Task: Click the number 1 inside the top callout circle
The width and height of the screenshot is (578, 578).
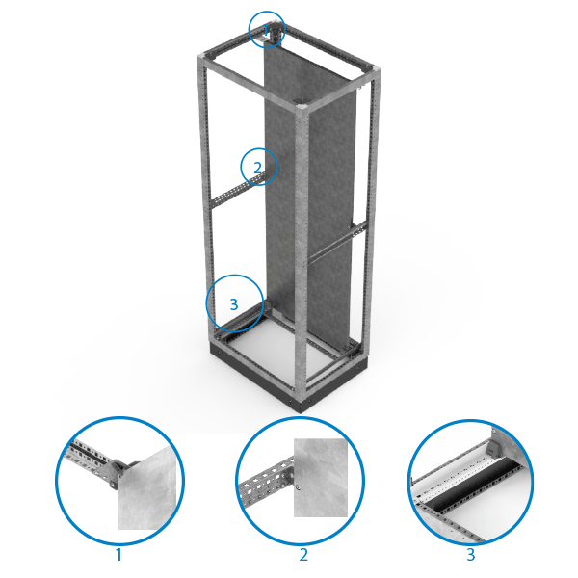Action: coord(266,30)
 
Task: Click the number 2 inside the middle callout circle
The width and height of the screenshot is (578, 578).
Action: coord(257,168)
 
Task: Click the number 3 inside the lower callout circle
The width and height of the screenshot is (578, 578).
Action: coord(234,304)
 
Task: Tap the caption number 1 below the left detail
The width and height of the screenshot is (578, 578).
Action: coord(118,555)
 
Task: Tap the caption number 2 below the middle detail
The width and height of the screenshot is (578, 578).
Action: coord(303,555)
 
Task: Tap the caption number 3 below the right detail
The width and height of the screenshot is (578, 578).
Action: coord(471,555)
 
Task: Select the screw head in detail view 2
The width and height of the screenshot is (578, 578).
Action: coord(298,488)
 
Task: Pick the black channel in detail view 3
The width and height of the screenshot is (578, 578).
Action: coord(476,483)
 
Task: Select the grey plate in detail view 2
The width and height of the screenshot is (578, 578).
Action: coord(321,478)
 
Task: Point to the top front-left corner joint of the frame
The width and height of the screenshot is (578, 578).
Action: coord(202,58)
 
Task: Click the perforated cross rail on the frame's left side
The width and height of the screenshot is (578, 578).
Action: coord(236,191)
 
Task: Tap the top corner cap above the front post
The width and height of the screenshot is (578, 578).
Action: coord(302,107)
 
